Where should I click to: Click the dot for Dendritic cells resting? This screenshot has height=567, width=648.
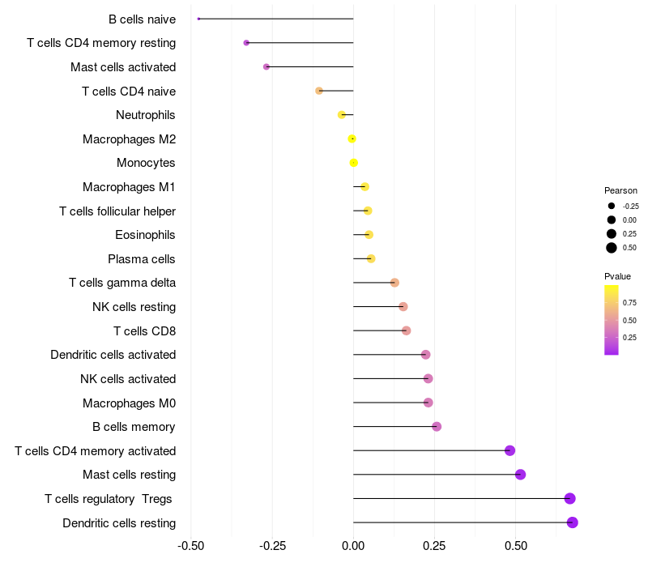(573, 522)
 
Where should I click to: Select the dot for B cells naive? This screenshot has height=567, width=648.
(198, 19)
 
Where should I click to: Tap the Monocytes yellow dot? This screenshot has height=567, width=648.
(353, 163)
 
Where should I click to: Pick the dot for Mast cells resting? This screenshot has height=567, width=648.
(520, 475)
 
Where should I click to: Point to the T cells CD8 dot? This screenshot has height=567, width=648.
(406, 330)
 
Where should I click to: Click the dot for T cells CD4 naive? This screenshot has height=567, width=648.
(319, 91)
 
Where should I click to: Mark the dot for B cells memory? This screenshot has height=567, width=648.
(437, 427)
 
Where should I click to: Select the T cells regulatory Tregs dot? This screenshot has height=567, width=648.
(570, 498)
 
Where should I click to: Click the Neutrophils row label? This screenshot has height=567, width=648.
(146, 115)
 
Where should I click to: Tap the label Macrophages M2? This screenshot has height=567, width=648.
(129, 139)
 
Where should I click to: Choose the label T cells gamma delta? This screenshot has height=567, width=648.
(122, 283)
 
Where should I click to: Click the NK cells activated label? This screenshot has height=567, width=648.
(128, 378)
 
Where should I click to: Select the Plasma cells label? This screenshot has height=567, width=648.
(142, 259)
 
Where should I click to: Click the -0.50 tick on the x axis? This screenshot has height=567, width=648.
(190, 547)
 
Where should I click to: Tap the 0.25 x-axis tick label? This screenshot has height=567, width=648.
(435, 547)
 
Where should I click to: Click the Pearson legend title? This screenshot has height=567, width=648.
(621, 190)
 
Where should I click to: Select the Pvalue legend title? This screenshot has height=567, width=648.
(618, 276)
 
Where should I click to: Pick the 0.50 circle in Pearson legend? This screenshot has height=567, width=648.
(612, 248)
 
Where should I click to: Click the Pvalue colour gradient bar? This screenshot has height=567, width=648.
(612, 319)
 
